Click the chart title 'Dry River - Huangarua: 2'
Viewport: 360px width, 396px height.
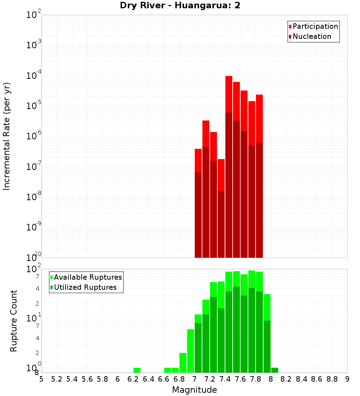click(180, 6)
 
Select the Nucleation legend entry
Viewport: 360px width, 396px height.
click(311, 36)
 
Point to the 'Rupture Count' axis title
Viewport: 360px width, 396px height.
click(13, 320)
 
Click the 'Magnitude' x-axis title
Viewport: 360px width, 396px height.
click(194, 390)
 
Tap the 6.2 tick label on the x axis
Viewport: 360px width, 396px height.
click(133, 379)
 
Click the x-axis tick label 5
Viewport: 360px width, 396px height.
click(41, 379)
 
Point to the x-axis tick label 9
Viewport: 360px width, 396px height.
click(347, 379)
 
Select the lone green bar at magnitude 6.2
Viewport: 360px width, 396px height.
click(137, 370)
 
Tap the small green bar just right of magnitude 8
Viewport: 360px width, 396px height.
click(275, 370)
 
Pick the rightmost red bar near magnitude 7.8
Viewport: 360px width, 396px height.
click(259, 119)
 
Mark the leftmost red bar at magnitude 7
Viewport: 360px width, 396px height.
click(198, 161)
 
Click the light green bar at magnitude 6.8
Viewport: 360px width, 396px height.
click(183, 363)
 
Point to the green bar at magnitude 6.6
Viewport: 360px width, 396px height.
click(167, 370)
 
